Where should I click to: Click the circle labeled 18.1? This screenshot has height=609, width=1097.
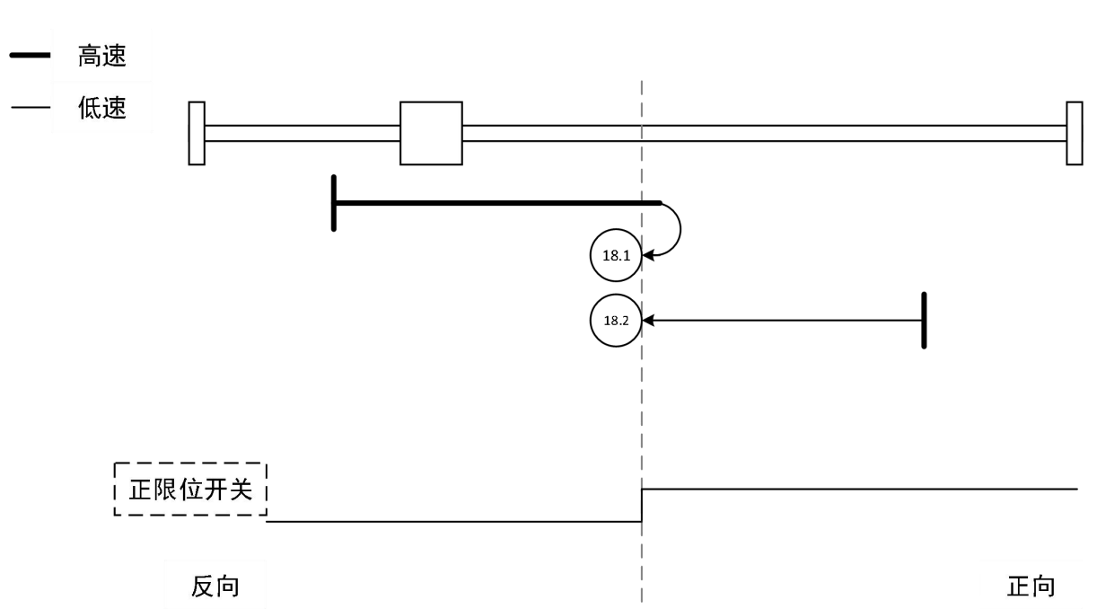pos(616,255)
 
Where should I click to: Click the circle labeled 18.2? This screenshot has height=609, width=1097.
pos(616,320)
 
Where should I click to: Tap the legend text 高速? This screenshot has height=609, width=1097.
pos(102,57)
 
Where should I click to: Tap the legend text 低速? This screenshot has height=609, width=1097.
pos(102,110)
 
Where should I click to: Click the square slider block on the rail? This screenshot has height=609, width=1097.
pos(431,133)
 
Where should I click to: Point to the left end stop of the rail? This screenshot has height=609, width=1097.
pos(197,133)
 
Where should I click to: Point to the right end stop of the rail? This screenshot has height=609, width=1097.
pos(1074,133)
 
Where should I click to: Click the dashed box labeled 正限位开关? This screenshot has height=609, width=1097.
pos(192,490)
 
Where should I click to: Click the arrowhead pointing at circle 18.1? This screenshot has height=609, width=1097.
pos(647,255)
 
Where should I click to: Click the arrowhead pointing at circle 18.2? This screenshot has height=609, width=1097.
pos(647,320)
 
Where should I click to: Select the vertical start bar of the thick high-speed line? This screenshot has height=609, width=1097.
pos(334,203)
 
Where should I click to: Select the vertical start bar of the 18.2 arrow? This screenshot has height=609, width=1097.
pos(924,320)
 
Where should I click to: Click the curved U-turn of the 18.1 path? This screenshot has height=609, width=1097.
pos(679,229)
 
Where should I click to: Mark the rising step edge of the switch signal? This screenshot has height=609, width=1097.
pos(642,505)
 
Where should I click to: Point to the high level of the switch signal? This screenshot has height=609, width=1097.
pos(853,489)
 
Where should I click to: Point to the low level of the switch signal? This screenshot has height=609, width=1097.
pos(449,521)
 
